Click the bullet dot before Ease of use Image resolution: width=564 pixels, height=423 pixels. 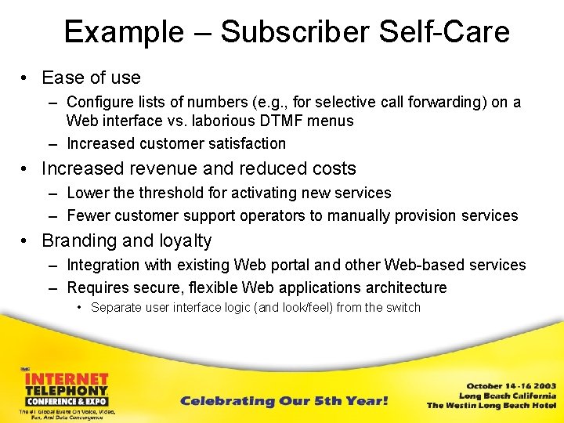(25, 78)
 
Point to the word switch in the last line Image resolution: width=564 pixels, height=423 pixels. (404, 307)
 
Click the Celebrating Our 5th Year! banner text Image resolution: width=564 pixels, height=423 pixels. (284, 401)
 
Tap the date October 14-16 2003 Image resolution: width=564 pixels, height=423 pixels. (512, 385)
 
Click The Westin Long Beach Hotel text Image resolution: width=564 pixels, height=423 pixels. (491, 406)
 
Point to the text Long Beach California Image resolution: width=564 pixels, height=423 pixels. (507, 396)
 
